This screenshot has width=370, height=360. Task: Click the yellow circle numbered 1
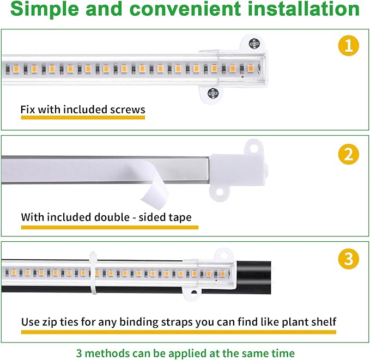pyautogui.click(x=349, y=45)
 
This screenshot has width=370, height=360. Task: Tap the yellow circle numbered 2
pyautogui.click(x=349, y=155)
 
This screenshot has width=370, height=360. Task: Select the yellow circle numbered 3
pyautogui.click(x=349, y=259)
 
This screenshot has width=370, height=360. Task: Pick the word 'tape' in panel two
pyautogui.click(x=180, y=217)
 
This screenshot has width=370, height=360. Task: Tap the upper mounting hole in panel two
pyautogui.click(x=252, y=146)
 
